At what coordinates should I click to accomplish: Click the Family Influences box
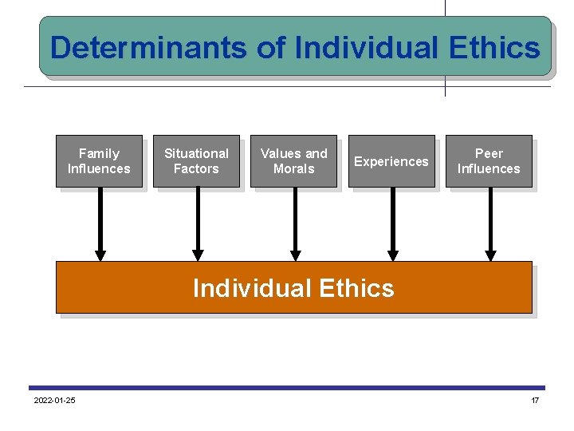click(99, 161)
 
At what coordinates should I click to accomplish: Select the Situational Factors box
click(196, 161)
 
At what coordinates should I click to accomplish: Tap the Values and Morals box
click(293, 161)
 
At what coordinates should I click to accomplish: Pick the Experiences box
click(391, 161)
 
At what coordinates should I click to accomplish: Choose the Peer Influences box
click(489, 161)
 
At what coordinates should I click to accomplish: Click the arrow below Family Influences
click(100, 223)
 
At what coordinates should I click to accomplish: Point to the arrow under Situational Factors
click(198, 223)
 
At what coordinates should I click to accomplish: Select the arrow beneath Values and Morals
click(295, 223)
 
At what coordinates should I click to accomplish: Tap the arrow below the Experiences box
click(392, 223)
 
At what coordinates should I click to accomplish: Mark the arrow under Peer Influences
click(490, 223)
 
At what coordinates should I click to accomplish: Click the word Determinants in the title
click(149, 48)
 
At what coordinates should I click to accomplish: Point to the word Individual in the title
click(366, 48)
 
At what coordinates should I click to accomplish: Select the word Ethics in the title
click(494, 48)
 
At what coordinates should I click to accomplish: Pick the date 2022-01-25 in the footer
click(54, 400)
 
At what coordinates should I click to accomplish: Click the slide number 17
click(535, 400)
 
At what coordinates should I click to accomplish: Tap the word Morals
click(293, 169)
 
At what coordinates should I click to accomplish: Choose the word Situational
click(196, 153)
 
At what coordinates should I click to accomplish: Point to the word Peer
click(489, 153)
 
